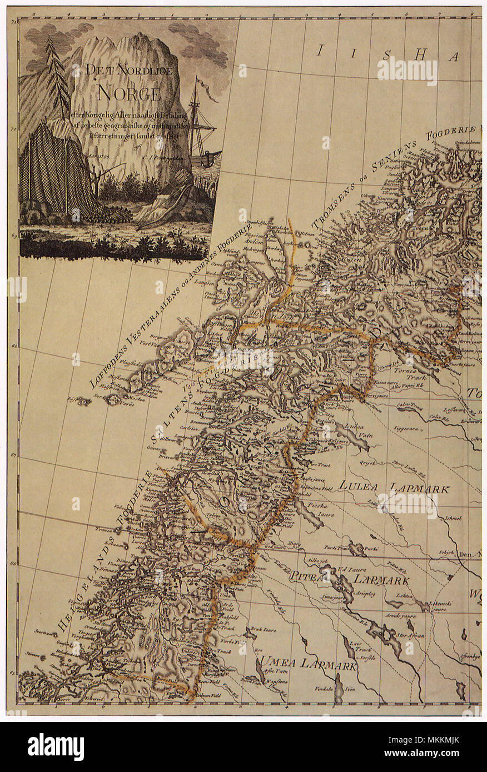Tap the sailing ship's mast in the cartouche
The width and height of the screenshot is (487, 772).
point(195,119)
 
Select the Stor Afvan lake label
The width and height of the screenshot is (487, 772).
point(411,635)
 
